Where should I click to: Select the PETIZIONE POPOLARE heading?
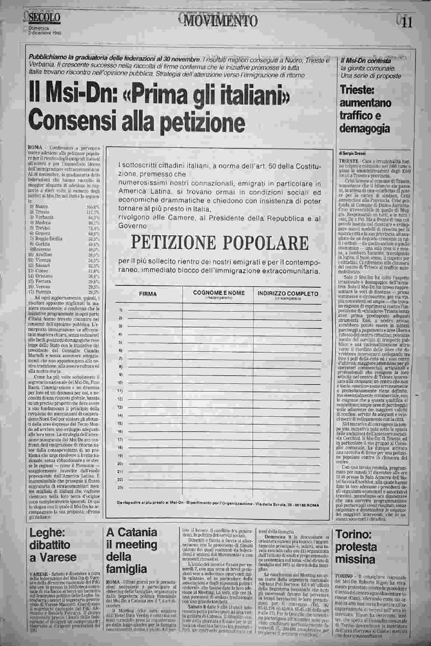click(x=220, y=242)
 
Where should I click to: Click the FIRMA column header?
click(x=148, y=294)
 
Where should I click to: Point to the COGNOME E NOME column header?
click(x=219, y=293)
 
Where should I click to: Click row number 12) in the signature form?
click(x=120, y=399)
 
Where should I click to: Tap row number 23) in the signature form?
click(x=120, y=488)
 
